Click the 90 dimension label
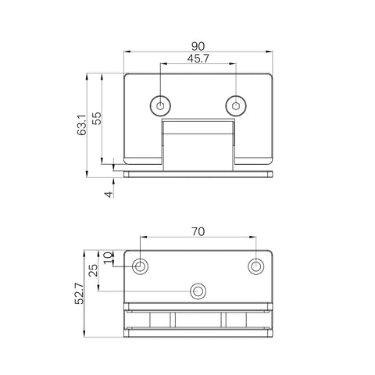point(198,46)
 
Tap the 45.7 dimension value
point(198,59)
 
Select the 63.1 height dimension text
point(82,125)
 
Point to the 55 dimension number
point(97,119)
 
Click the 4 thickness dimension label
point(109,195)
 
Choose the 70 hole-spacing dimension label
point(198,231)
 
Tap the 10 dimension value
point(109,258)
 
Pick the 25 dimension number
point(93,270)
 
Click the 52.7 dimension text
point(80,294)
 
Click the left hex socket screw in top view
point(160,106)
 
